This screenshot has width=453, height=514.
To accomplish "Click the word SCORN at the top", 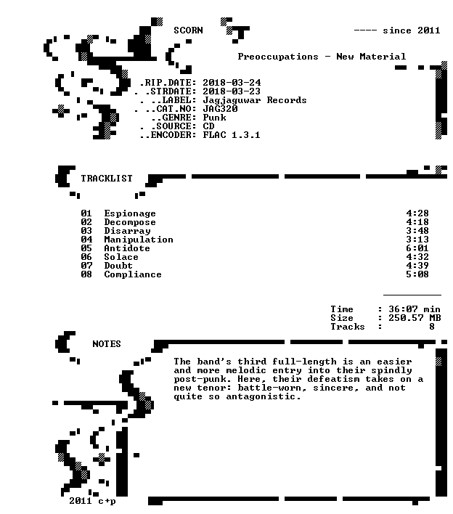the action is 188,30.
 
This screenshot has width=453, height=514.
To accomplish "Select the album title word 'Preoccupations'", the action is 278,57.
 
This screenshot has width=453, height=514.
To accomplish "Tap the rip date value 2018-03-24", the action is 232,83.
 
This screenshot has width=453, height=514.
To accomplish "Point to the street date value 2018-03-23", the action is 232,91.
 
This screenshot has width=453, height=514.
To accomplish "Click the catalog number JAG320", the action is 220,109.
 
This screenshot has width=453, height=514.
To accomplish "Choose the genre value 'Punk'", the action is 214,118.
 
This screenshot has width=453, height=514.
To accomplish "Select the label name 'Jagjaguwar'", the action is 232,101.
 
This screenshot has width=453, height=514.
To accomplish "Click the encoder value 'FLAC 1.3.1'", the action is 232,135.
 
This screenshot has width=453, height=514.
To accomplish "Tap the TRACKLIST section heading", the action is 107,179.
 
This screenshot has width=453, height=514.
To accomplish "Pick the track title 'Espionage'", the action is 130,213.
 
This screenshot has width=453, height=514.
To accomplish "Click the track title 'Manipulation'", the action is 139,240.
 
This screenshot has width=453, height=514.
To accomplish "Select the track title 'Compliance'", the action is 133,274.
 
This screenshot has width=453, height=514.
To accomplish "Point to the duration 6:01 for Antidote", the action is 417,248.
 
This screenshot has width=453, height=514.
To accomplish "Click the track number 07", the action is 86,266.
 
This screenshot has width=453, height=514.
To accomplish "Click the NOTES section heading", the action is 107,344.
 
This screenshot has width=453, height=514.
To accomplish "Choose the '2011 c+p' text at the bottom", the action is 92,501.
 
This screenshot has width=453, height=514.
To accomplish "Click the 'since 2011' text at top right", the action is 412,30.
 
